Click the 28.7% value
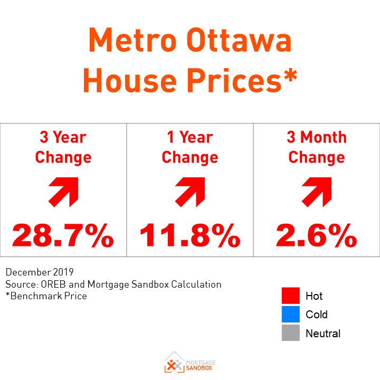point(63,235)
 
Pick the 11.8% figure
point(190,235)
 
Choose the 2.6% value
point(317,235)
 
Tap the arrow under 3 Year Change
point(63,191)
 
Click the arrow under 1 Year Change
point(190,191)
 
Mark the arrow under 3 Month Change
point(317,191)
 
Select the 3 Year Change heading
point(63,147)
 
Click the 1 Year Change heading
point(190,147)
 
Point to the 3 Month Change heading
point(317,147)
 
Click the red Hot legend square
point(291,296)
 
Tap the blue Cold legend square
point(291,315)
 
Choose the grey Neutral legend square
point(291,333)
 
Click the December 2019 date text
point(40,273)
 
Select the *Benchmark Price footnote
point(46,296)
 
